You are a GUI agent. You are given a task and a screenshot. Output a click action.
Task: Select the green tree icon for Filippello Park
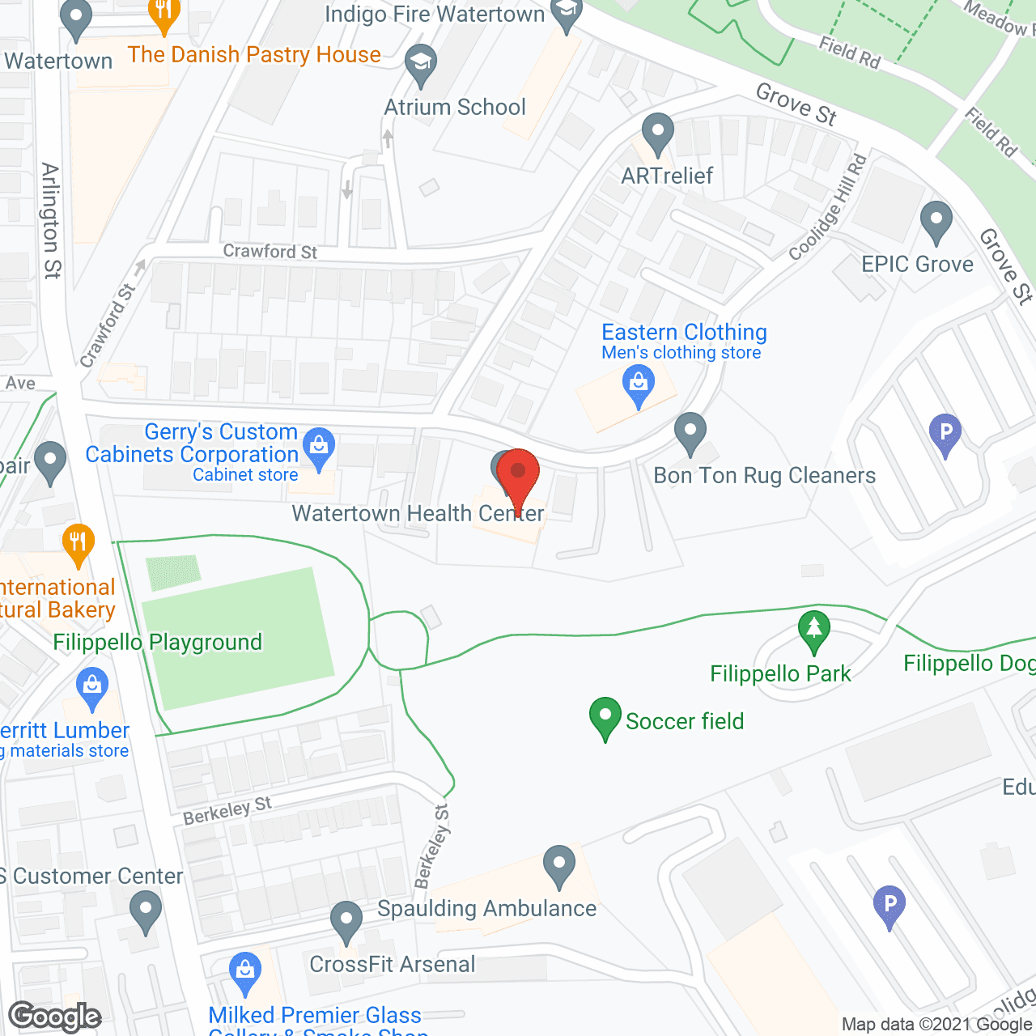(814, 631)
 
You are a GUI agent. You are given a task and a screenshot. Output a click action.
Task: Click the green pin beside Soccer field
(605, 717)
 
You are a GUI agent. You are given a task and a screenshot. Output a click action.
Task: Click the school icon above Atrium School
(420, 64)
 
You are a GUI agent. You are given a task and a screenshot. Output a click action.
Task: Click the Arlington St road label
(51, 220)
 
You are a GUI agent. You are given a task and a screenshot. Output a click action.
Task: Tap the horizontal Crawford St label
(270, 252)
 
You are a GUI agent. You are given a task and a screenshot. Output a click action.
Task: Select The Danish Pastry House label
(254, 55)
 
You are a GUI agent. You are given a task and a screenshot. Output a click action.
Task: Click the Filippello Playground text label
(157, 643)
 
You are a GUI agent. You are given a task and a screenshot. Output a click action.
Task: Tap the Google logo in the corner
(55, 1017)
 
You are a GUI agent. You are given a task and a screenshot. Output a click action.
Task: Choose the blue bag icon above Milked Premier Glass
(244, 973)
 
